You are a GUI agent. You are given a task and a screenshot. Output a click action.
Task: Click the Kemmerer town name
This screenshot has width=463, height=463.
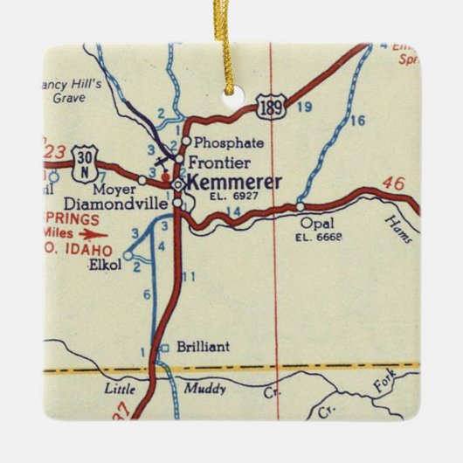pos(234,183)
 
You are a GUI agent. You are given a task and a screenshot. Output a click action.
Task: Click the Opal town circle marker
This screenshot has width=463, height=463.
pos(300,207)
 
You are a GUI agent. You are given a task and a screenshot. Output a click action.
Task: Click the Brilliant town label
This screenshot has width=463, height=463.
pos(203,347)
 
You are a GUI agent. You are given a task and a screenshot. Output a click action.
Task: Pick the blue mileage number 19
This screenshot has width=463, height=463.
pos(303,107)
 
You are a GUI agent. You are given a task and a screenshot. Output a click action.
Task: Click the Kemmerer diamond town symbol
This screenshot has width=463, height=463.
pos(178,184)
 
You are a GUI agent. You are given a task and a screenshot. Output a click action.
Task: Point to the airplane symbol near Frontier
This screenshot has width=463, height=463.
pos(161,161)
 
